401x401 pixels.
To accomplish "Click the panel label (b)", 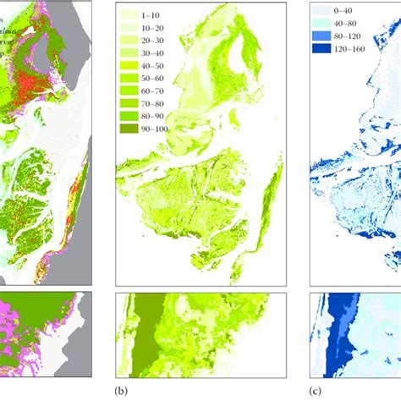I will [x=121, y=392].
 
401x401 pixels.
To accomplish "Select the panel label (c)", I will [x=316, y=392].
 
